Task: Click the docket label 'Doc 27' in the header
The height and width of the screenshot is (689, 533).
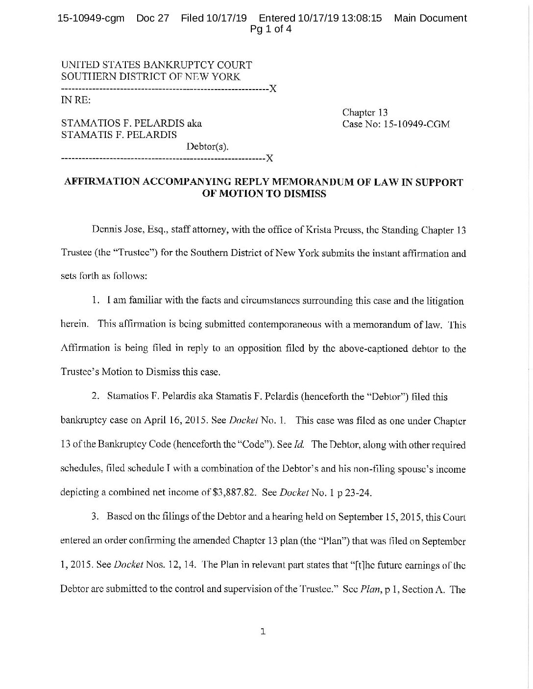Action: click(152, 19)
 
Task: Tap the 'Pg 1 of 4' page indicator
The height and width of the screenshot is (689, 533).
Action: click(271, 29)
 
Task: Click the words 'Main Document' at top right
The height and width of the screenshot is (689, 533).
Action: click(430, 19)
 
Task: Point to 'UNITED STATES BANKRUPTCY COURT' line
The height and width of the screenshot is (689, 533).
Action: click(156, 65)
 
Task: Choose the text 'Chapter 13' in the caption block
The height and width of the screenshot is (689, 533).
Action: click(365, 113)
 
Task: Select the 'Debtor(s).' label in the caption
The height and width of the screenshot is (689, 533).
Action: click(207, 146)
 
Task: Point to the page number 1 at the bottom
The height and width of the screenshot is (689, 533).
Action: click(263, 632)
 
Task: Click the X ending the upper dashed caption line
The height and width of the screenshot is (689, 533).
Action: click(273, 89)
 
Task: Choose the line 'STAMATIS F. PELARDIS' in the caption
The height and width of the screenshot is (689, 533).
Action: click(119, 135)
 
